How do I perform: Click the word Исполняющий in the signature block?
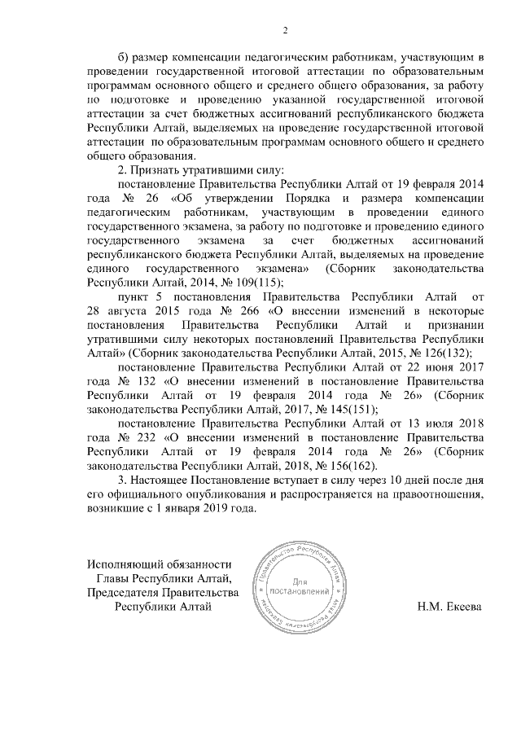[127, 564]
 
